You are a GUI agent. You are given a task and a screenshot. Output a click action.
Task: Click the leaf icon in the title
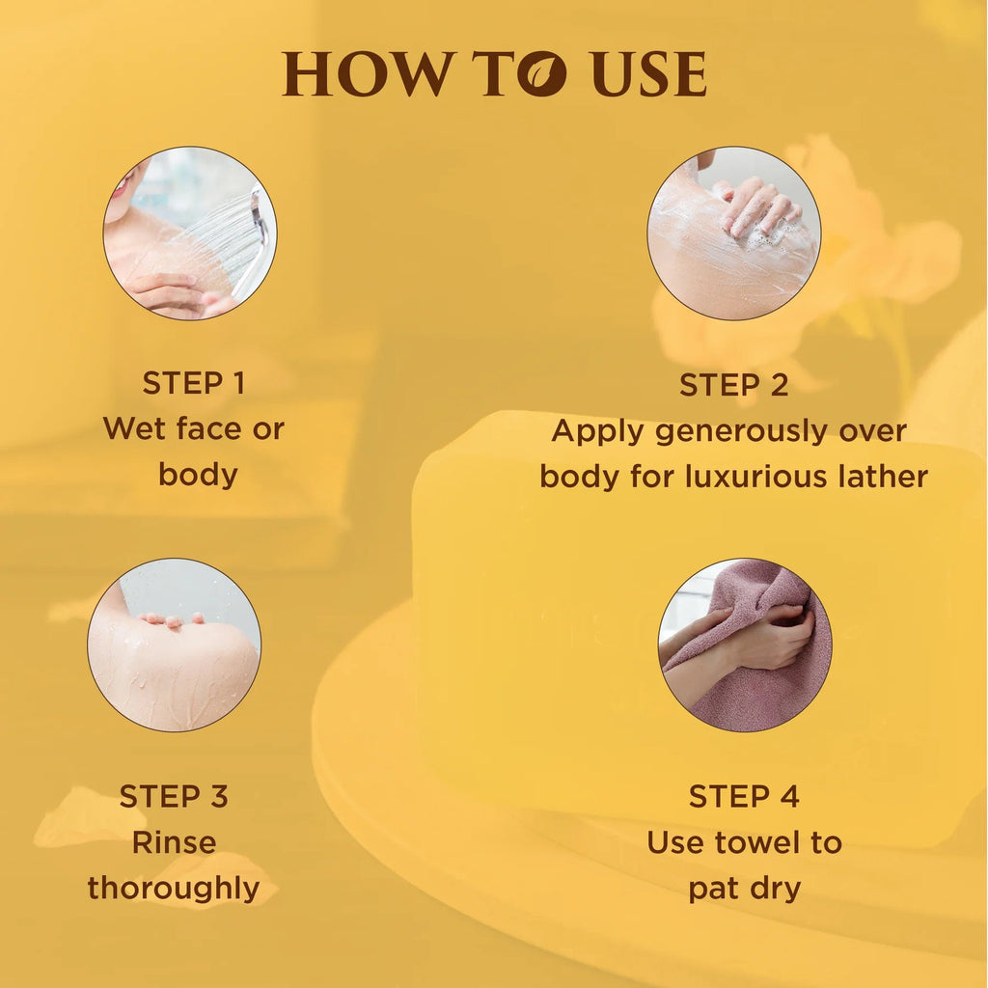(x=542, y=73)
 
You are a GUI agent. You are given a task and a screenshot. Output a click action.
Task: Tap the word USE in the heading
(x=649, y=73)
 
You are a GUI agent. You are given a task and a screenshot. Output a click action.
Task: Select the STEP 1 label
(x=193, y=383)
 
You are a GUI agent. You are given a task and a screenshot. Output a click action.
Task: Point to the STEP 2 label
(x=733, y=385)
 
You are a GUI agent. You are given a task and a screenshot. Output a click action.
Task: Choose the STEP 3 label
(x=174, y=796)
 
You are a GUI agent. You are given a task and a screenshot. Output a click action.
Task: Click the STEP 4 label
(x=744, y=796)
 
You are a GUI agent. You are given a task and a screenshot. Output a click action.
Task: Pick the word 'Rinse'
(x=174, y=842)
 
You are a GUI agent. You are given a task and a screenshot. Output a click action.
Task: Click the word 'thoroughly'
(x=174, y=890)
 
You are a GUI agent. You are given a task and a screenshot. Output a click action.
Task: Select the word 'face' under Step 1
(x=208, y=429)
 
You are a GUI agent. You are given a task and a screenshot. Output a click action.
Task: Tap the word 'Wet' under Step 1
(x=135, y=429)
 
